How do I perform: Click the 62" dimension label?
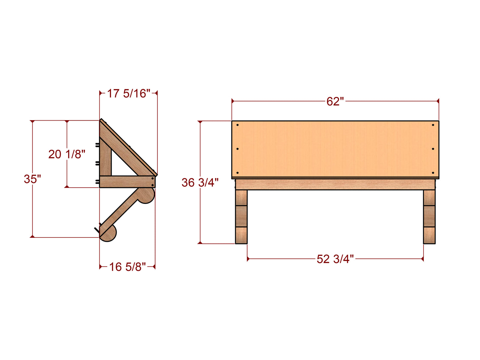pyautogui.click(x=335, y=101)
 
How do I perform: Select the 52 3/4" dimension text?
pyautogui.click(x=335, y=259)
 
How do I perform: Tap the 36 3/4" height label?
pyautogui.click(x=200, y=182)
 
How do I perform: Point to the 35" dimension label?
pyautogui.click(x=32, y=179)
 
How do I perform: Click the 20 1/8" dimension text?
pyautogui.click(x=67, y=154)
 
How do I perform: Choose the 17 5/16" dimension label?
pyautogui.click(x=128, y=93)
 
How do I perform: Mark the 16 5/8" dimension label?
pyautogui.click(x=128, y=266)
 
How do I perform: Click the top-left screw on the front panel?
pyautogui.click(x=238, y=125)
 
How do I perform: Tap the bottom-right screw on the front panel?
pyautogui.click(x=433, y=173)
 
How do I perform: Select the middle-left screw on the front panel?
pyautogui.click(x=238, y=149)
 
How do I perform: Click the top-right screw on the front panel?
pyautogui.click(x=433, y=125)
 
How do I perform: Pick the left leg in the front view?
pyautogui.click(x=241, y=217)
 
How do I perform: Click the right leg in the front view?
pyautogui.click(x=429, y=217)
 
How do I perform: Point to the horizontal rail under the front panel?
pyautogui.click(x=335, y=184)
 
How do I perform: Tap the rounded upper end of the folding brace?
pyautogui.click(x=147, y=196)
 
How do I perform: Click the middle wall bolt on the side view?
pyautogui.click(x=97, y=163)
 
